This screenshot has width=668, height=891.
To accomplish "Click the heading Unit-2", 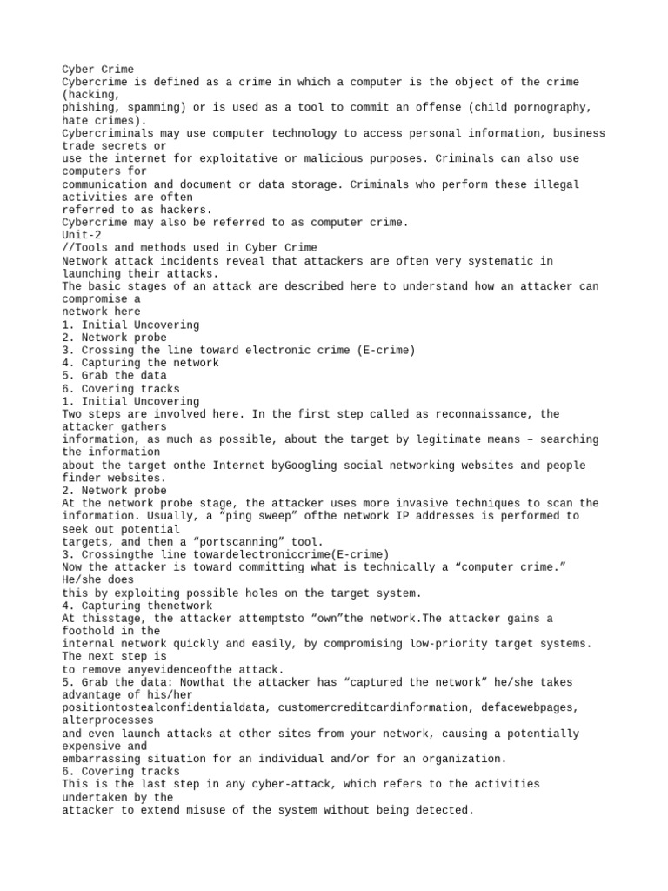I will [82, 235].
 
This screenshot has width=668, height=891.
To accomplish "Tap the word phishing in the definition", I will [88, 107].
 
